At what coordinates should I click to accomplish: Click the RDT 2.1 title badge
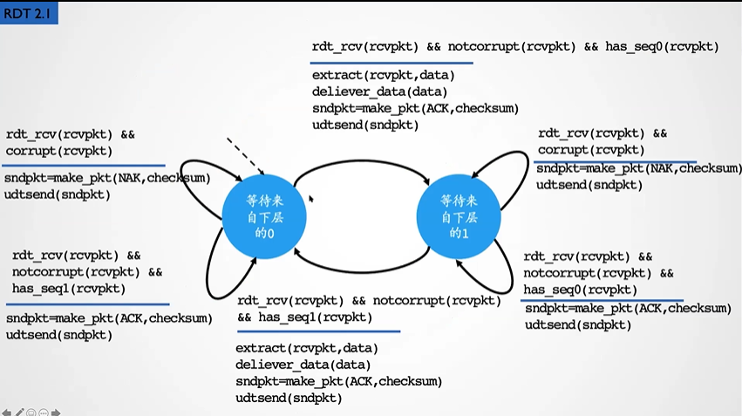click(x=29, y=13)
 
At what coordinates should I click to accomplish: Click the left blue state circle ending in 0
click(x=263, y=212)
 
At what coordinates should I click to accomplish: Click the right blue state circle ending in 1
click(x=459, y=212)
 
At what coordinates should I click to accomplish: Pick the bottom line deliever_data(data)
click(x=303, y=365)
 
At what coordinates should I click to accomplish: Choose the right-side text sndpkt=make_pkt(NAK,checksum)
click(x=639, y=168)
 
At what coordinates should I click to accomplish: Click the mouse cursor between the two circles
click(x=310, y=200)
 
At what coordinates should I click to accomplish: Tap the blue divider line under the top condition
click(x=392, y=63)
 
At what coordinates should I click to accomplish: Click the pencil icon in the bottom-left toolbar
click(x=19, y=411)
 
